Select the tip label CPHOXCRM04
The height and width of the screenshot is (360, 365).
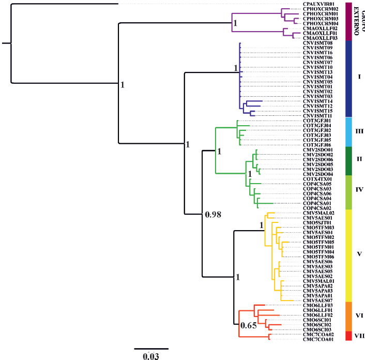point(320,23)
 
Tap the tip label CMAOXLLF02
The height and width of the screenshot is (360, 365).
point(320,28)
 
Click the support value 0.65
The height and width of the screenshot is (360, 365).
point(248,325)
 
